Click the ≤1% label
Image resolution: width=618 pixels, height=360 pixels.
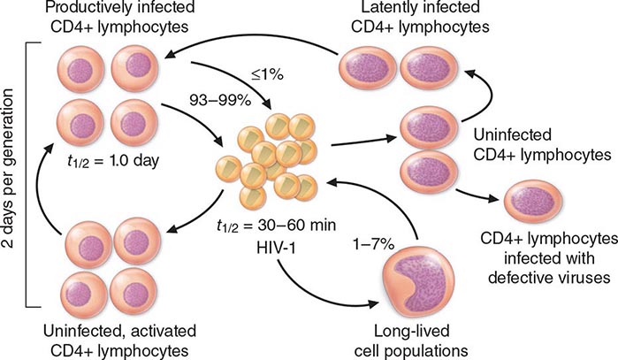pyautogui.click(x=267, y=75)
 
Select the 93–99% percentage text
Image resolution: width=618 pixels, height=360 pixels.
pyautogui.click(x=220, y=101)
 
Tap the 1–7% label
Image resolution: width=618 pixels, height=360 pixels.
pyautogui.click(x=373, y=245)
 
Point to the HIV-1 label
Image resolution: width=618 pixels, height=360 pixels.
pyautogui.click(x=276, y=248)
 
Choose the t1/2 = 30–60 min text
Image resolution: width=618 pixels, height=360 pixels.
pyautogui.click(x=276, y=226)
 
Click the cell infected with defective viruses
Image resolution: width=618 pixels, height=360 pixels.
pyautogui.click(x=534, y=201)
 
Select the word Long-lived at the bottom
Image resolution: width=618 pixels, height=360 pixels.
pyautogui.click(x=411, y=331)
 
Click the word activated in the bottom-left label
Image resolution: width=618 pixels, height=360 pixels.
pyautogui.click(x=160, y=331)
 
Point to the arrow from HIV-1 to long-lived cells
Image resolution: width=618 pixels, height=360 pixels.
pyautogui.click(x=316, y=294)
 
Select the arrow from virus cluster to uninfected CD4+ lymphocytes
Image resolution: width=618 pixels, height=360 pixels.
pyautogui.click(x=363, y=142)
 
